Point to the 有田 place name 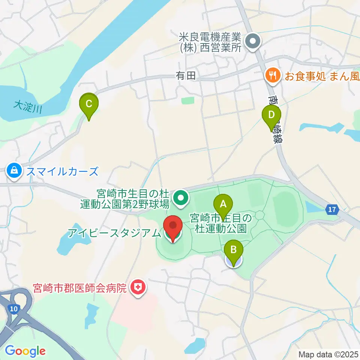pyautogui.click(x=186, y=76)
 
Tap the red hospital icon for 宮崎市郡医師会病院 pyautogui.click(x=138, y=288)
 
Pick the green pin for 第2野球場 pyautogui.click(x=181, y=198)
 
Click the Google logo pyautogui.click(x=25, y=351)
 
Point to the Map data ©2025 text pyautogui.click(x=328, y=354)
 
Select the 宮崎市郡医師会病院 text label pyautogui.click(x=81, y=288)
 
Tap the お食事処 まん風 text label pyautogui.click(x=321, y=76)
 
